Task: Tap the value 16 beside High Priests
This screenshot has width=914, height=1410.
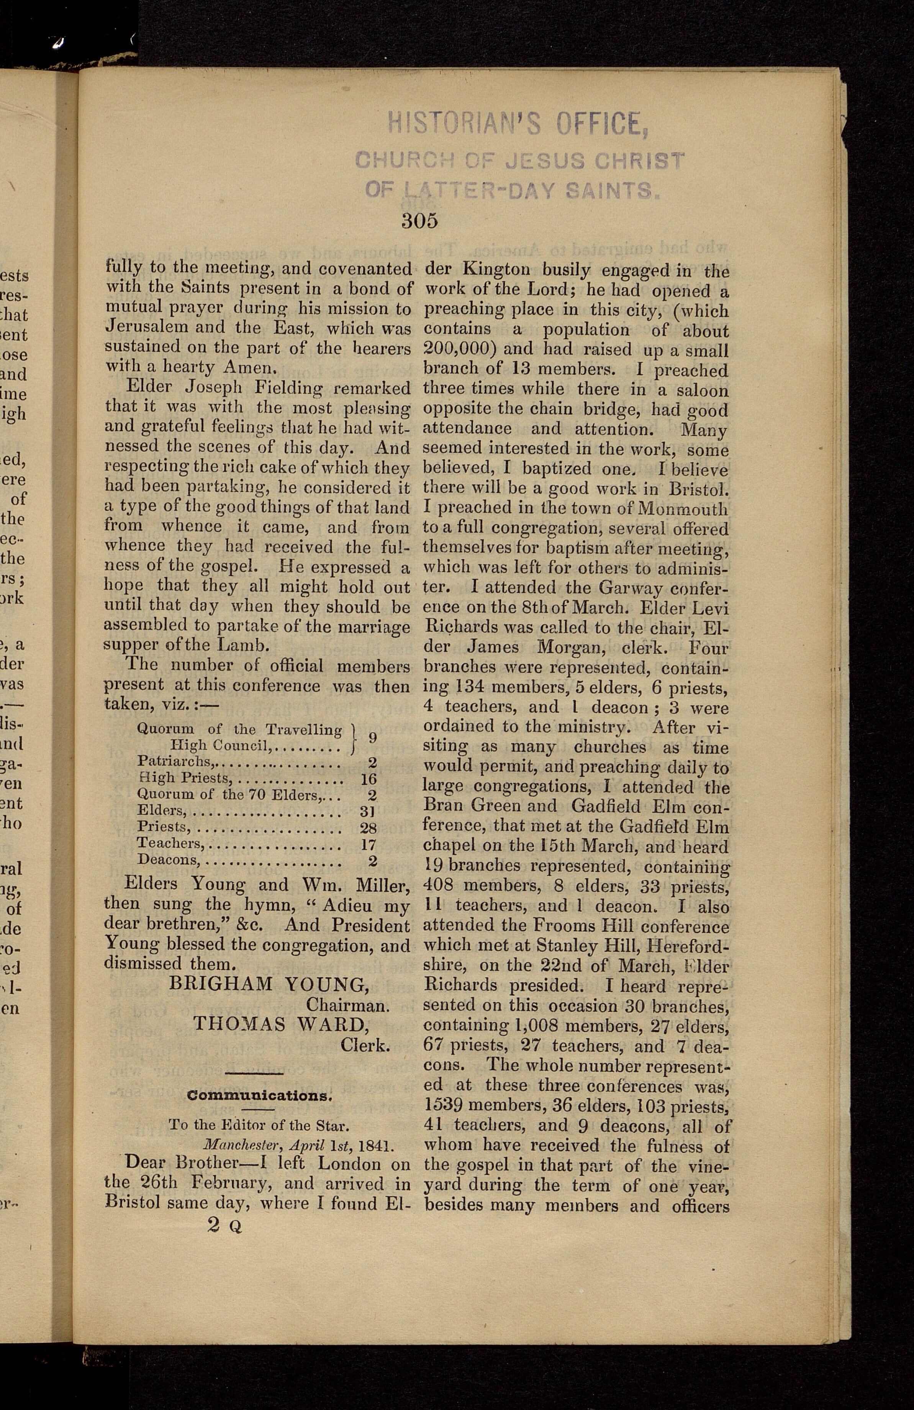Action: click(369, 779)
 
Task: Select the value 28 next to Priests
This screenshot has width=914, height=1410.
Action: click(369, 828)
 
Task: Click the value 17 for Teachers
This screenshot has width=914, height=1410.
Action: click(369, 844)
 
